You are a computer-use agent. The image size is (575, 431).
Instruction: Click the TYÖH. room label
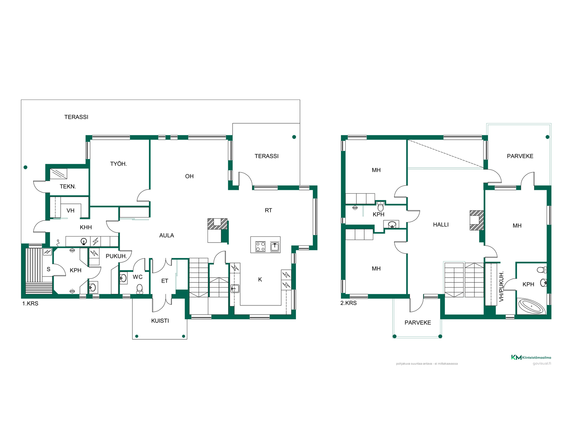(118, 164)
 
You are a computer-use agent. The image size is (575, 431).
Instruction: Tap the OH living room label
(189, 176)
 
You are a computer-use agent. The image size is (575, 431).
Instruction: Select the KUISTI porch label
(160, 321)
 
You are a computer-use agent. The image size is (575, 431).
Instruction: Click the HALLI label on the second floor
(441, 225)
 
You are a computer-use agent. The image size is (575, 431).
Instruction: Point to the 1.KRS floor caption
(30, 303)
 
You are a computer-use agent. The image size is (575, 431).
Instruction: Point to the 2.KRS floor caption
(349, 303)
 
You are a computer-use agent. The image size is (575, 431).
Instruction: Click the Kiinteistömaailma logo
(531, 357)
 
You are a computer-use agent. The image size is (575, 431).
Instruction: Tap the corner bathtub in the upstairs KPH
(532, 306)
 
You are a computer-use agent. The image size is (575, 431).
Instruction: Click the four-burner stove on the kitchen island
(260, 247)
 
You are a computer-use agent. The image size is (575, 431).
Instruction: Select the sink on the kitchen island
(275, 247)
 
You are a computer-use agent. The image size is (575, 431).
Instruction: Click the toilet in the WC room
(140, 289)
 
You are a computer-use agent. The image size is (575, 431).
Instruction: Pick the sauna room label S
(49, 269)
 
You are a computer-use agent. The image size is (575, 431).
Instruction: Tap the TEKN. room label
(68, 187)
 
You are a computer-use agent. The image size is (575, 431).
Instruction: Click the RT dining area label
(268, 210)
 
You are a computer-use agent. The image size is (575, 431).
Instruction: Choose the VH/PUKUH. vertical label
(502, 286)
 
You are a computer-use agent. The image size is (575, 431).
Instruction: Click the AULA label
(167, 236)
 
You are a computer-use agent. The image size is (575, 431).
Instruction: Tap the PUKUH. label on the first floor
(116, 256)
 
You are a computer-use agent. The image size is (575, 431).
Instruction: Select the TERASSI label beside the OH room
(267, 156)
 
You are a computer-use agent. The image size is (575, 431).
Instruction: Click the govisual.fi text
(542, 364)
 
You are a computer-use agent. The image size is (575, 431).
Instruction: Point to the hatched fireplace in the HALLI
(477, 220)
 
